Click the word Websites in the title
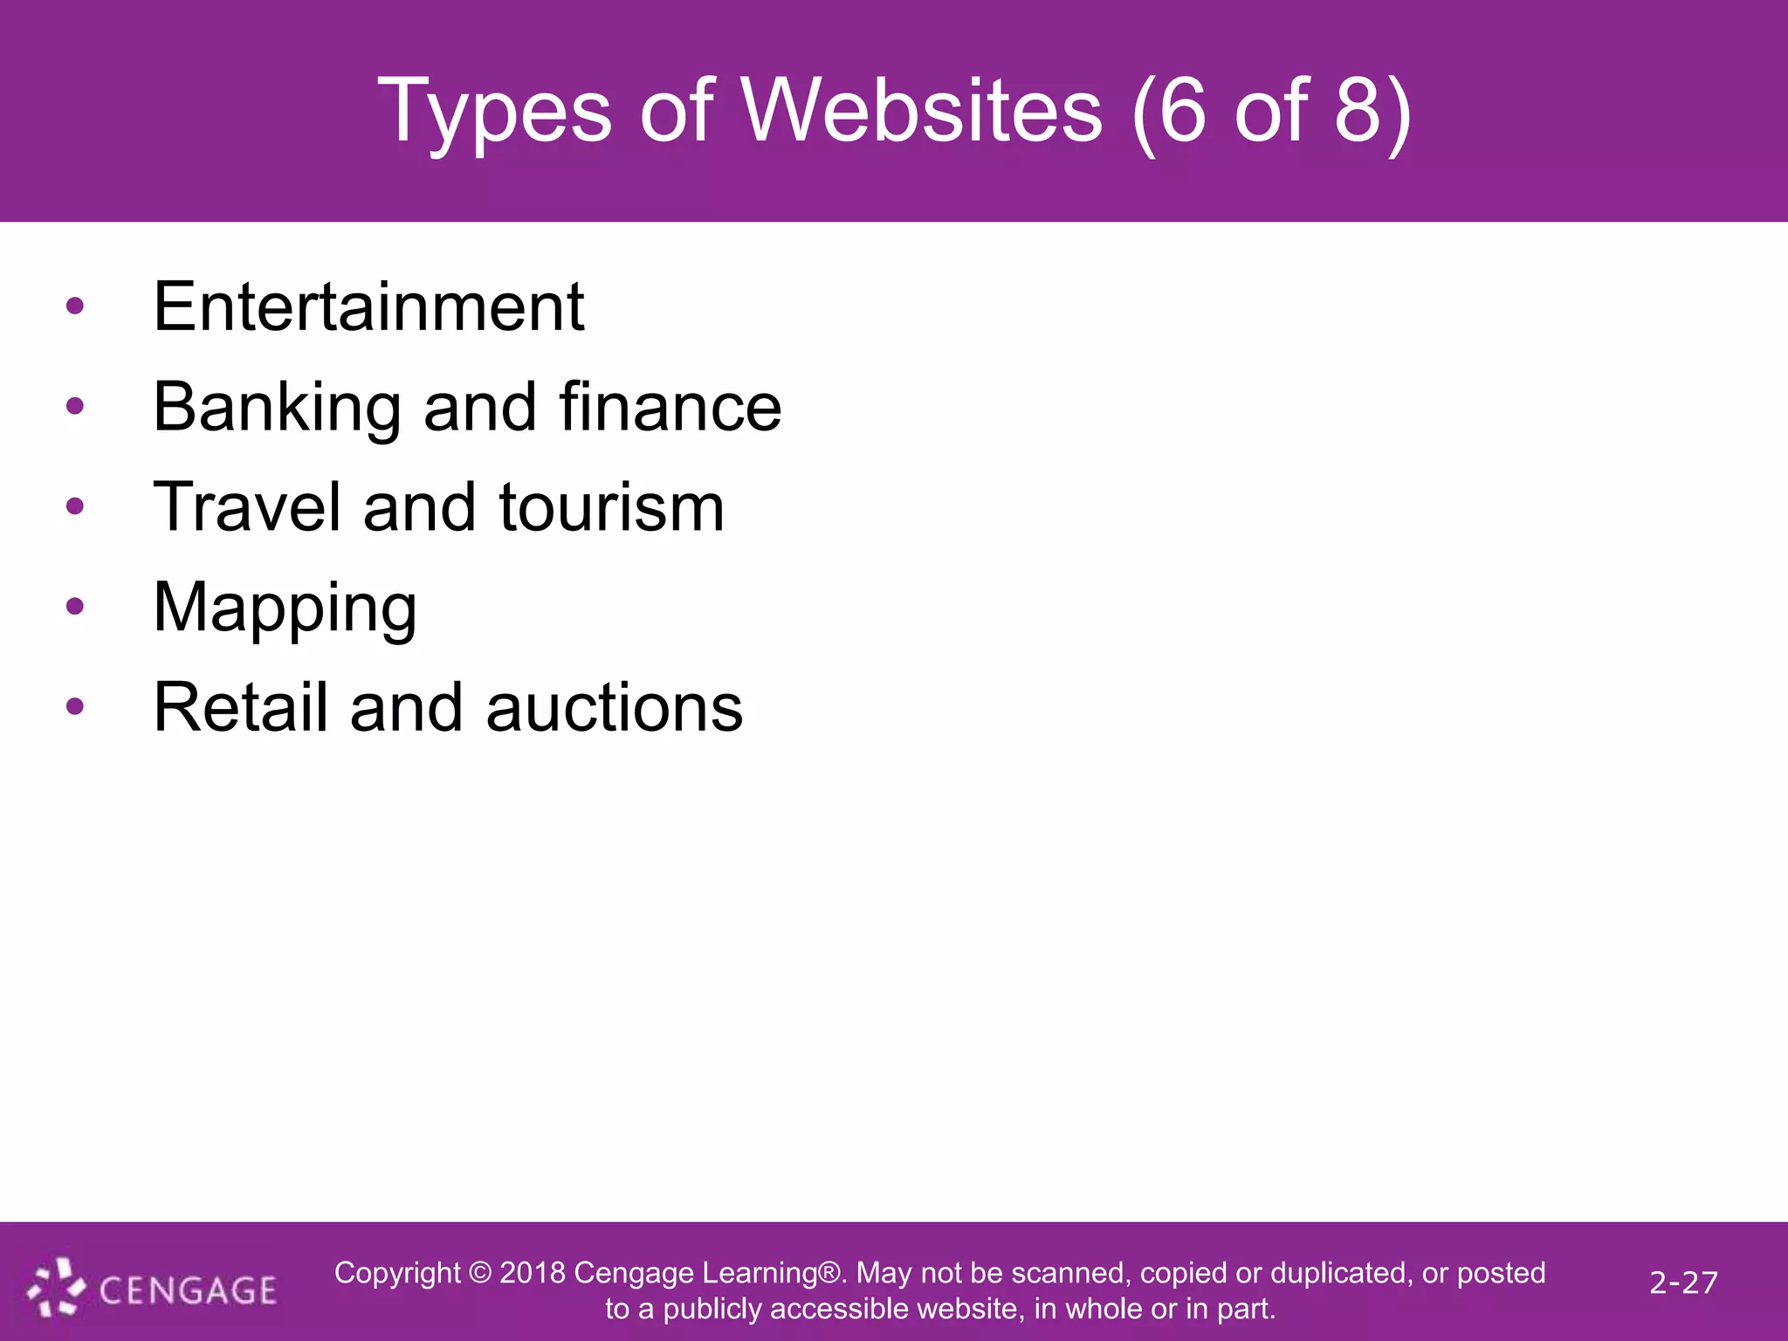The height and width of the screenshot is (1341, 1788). click(923, 111)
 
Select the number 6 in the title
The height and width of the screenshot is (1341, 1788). click(1182, 111)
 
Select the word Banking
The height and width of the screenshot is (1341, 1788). click(277, 408)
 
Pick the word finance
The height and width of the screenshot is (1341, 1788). click(670, 407)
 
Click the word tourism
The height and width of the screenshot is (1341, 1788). click(611, 507)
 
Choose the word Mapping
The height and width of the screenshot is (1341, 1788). click(285, 609)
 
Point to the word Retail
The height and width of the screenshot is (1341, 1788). click(241, 707)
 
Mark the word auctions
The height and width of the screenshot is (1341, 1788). click(614, 707)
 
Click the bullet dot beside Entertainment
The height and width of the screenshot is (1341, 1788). click(75, 306)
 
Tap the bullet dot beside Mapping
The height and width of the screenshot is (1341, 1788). click(75, 607)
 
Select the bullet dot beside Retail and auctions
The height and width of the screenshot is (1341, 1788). click(75, 706)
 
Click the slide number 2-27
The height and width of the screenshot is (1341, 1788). click(1683, 1283)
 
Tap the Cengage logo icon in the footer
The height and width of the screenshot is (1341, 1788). click(57, 1287)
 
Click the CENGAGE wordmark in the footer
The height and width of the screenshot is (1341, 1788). click(188, 1290)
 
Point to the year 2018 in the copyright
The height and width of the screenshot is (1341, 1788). click(533, 1273)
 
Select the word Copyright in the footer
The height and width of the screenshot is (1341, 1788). click(397, 1273)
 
